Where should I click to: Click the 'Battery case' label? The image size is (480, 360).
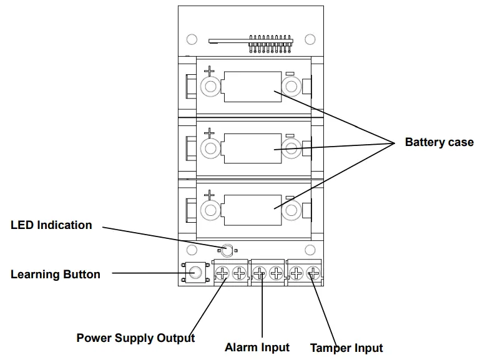(439, 142)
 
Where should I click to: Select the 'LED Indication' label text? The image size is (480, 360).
(51, 225)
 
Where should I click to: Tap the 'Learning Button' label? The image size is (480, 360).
(55, 275)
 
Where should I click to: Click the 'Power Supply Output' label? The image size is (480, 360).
(135, 338)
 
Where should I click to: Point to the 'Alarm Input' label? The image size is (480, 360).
(257, 348)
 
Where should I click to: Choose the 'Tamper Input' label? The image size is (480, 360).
(346, 348)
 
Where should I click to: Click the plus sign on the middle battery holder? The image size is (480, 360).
(209, 132)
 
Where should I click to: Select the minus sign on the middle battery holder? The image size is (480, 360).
(290, 135)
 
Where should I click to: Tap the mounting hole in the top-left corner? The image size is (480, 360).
(192, 39)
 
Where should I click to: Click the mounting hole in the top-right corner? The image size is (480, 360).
(310, 39)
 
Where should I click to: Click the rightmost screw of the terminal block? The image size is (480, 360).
(314, 273)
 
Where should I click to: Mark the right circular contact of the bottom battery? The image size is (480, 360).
(290, 210)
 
